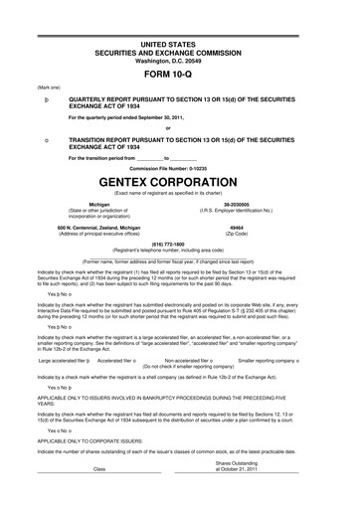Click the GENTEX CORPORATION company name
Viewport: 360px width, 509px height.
pyautogui.click(x=181, y=185)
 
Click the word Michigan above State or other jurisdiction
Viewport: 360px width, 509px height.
pyautogui.click(x=98, y=205)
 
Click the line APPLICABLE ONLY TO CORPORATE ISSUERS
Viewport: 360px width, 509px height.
pyautogui.click(x=95, y=435)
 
